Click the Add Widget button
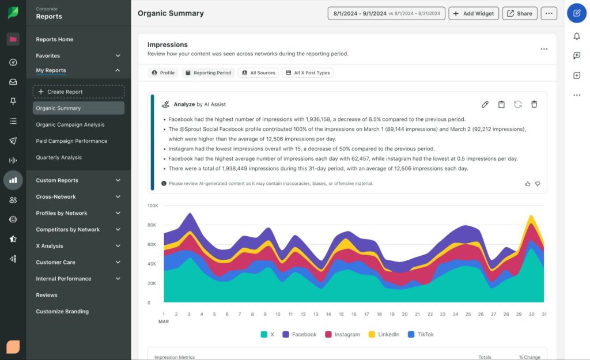coord(473,13)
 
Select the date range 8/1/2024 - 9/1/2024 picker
coord(386,13)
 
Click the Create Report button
coord(78,92)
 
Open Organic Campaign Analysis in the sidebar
coord(70,124)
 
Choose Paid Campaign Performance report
coord(71,141)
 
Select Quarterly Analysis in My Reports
coord(59,157)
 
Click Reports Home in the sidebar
coord(55,39)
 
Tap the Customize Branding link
coord(62,312)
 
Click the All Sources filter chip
coord(258,73)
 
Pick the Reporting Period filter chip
coord(208,73)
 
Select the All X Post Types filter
coord(308,73)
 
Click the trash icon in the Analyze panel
coord(534,104)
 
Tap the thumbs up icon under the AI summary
coord(527,184)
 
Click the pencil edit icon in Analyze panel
coord(485,104)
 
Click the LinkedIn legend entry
coord(384,334)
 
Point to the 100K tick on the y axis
coord(153,205)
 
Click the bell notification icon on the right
coord(577,36)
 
